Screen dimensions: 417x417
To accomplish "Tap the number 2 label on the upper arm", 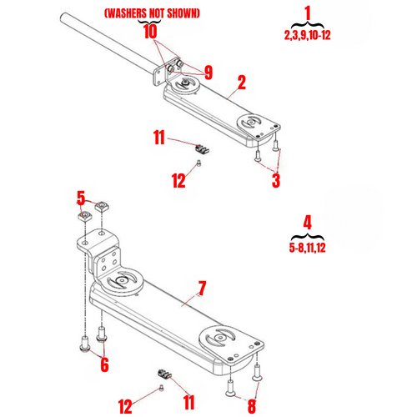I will click(x=241, y=83).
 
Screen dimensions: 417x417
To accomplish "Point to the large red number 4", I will click(x=307, y=223).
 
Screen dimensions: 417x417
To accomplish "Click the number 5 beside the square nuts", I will click(x=81, y=198).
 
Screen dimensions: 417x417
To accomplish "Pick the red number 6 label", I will click(x=103, y=364).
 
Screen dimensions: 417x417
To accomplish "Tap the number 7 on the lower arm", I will click(x=201, y=289).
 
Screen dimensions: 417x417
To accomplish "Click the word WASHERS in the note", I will click(x=127, y=14).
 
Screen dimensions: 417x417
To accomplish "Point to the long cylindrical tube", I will click(x=108, y=43).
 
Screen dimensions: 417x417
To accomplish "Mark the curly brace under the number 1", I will click(x=306, y=25).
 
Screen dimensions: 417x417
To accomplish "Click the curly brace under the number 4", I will click(x=307, y=236).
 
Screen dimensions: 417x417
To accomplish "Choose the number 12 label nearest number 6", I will click(x=125, y=406).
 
